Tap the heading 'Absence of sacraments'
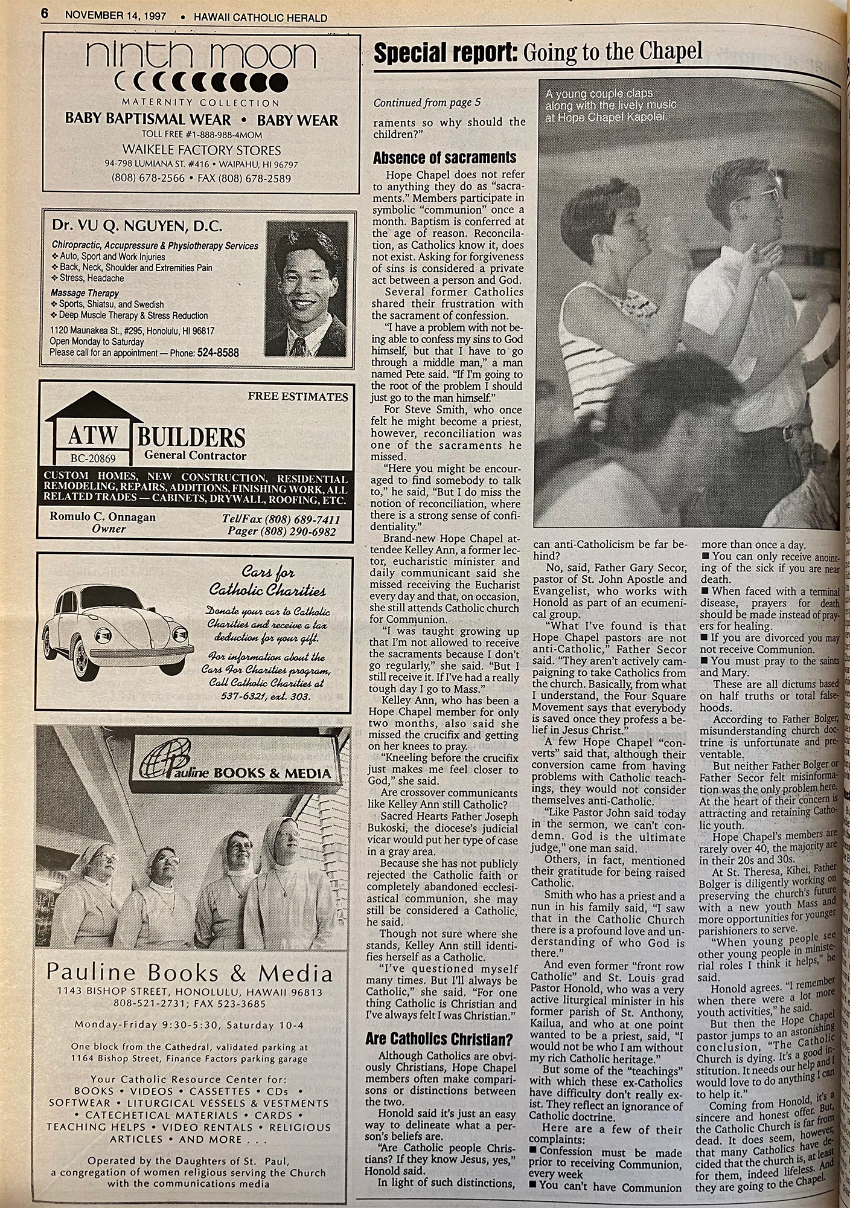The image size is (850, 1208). (x=444, y=158)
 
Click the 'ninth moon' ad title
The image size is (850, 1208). (x=201, y=56)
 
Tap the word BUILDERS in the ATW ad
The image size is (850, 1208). (x=191, y=437)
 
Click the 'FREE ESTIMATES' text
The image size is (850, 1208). (x=298, y=397)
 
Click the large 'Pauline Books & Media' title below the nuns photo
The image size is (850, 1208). (x=190, y=973)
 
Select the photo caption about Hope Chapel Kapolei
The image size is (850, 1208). (x=606, y=106)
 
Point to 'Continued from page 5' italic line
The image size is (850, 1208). (x=427, y=103)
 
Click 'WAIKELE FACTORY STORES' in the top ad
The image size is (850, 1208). (x=201, y=150)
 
